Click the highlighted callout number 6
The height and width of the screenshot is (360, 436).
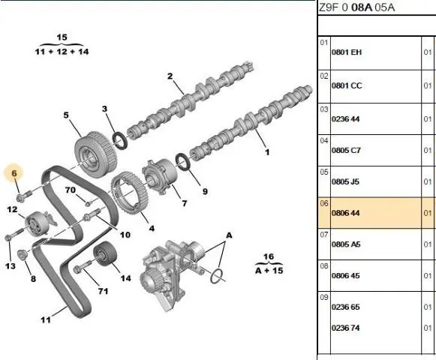tap(14, 173)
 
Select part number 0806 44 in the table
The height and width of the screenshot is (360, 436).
tap(345, 213)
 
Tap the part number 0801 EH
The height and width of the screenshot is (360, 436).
tap(347, 52)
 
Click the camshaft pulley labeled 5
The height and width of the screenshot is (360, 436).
tap(96, 154)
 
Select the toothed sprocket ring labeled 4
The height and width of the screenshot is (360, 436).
tap(129, 193)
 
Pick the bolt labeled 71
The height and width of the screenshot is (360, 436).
tap(83, 266)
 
